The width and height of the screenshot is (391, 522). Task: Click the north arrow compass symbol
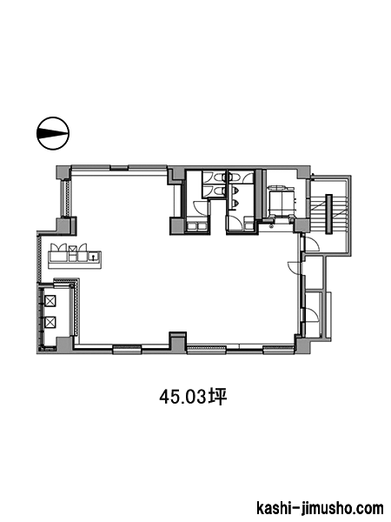point(52,133)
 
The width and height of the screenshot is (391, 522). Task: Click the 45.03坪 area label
point(193,397)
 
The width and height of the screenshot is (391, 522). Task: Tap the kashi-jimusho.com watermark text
point(320,508)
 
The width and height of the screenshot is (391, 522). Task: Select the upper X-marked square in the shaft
point(50,301)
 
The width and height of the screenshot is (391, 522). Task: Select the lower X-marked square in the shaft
point(50,322)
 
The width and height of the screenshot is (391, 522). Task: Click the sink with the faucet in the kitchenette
point(94,257)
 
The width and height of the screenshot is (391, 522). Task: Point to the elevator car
point(281,203)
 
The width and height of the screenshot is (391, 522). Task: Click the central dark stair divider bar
point(329,214)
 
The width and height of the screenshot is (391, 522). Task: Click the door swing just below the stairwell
point(313,244)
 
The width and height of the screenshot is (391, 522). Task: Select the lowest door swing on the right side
point(313,315)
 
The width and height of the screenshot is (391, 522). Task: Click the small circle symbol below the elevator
point(271,225)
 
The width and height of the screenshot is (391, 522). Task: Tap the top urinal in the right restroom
point(236,190)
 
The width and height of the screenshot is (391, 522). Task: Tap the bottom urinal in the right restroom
point(236,202)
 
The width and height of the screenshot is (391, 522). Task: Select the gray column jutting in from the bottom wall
point(177,340)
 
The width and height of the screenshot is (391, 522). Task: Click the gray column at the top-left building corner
point(63,172)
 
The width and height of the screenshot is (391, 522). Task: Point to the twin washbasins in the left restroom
point(197,226)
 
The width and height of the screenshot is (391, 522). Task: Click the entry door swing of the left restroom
point(200,208)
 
